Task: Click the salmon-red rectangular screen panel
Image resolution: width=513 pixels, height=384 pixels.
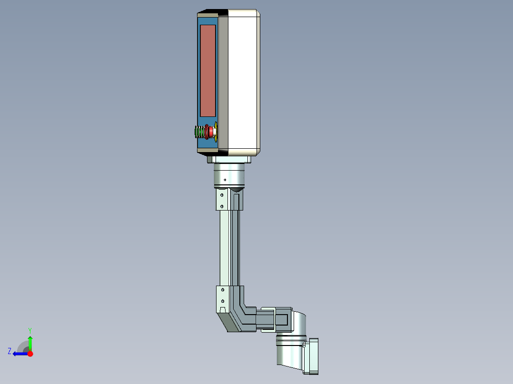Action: click(x=207, y=70)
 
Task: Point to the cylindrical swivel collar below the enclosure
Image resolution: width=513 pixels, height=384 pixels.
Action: click(x=228, y=174)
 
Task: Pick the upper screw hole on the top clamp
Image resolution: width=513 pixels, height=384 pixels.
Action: click(x=222, y=194)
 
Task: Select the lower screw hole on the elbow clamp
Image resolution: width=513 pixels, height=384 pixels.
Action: click(x=222, y=301)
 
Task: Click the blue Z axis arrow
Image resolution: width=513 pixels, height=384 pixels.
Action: click(x=20, y=354)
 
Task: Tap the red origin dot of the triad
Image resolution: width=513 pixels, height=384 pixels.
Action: click(x=30, y=354)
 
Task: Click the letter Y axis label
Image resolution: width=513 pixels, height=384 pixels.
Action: click(x=30, y=330)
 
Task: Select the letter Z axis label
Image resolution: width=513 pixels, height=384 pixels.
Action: click(x=10, y=351)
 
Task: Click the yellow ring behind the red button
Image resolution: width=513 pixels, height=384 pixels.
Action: click(x=216, y=132)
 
